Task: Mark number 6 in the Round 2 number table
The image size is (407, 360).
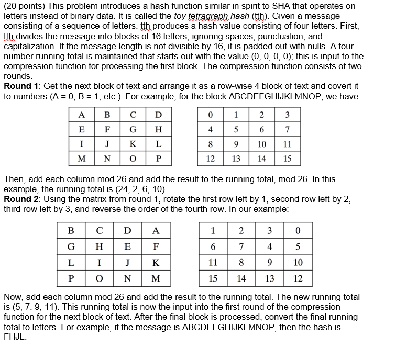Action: coord(213,246)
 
